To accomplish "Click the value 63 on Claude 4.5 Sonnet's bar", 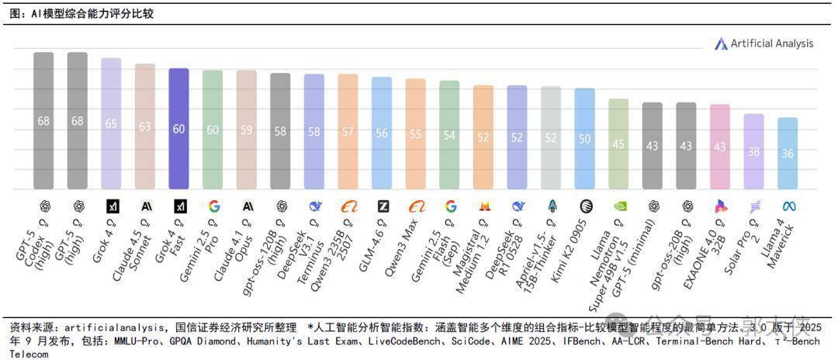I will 145,126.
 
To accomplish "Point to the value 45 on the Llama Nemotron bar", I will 618,144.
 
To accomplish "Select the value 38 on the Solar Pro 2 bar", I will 753,152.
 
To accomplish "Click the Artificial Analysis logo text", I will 771,43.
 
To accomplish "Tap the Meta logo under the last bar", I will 790,206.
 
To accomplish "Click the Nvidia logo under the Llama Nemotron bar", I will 619,206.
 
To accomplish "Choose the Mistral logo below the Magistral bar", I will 484,206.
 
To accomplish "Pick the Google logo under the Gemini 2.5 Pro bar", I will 214,206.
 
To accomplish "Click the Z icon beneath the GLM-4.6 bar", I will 383,206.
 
